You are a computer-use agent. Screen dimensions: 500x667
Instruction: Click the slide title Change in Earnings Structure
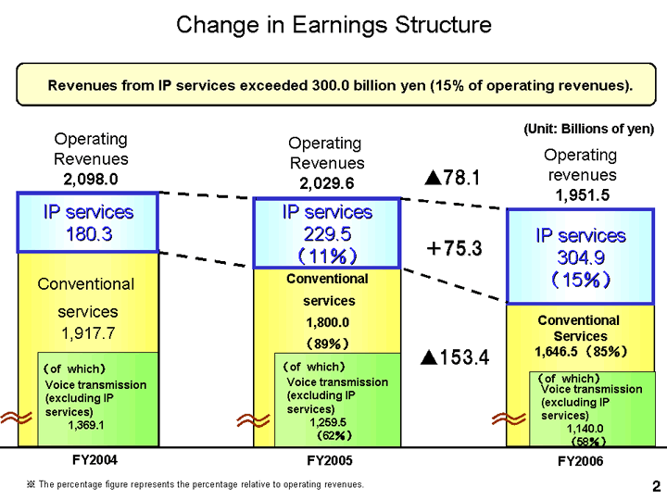point(333,25)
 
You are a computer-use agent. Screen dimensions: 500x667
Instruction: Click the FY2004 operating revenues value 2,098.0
point(90,178)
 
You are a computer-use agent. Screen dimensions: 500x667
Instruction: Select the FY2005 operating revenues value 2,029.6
point(324,182)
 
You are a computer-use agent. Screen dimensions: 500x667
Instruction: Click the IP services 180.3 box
point(89,222)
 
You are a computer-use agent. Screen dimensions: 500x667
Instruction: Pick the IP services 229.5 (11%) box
point(327,232)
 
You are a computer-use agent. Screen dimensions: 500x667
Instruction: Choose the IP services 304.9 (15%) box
point(580,256)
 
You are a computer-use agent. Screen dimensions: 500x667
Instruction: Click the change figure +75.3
point(454,247)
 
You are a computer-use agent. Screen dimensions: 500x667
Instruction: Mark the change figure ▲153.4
point(454,356)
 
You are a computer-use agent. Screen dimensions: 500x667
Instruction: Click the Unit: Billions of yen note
point(589,129)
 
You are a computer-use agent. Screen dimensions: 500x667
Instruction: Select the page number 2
point(655,485)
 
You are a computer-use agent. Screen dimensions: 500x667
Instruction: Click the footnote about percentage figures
point(195,484)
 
